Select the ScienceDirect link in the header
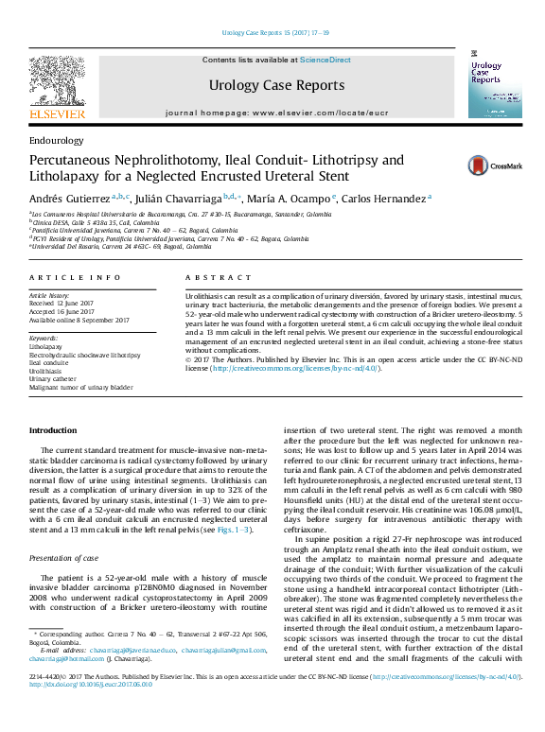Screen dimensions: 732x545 (325, 60)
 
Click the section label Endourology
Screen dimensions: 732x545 (56, 140)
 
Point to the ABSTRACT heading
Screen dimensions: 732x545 (205, 278)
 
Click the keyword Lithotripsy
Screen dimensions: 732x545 (46, 347)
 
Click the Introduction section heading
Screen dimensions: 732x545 (53, 430)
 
